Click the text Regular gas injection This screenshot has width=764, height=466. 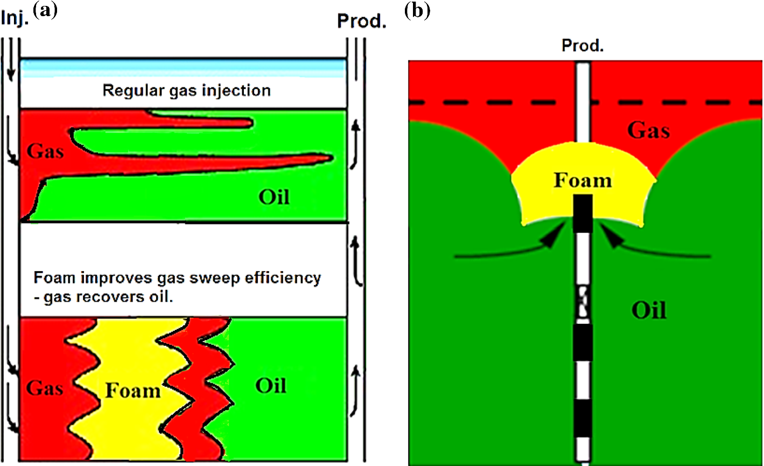point(186,90)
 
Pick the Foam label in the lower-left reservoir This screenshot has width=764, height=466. point(132,390)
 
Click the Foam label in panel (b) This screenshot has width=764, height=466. point(583,180)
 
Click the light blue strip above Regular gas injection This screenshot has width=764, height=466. point(183,68)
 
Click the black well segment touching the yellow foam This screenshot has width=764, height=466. point(582,207)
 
